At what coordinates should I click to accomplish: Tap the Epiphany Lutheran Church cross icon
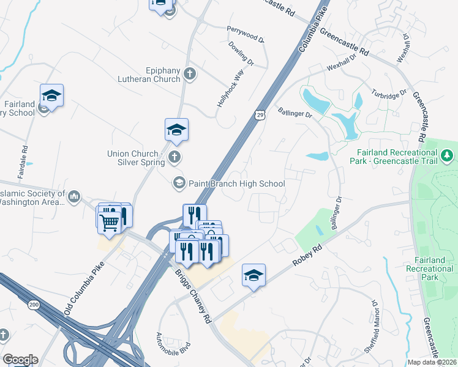pyautogui.click(x=190, y=74)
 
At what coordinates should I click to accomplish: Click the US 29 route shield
pyautogui.click(x=260, y=114)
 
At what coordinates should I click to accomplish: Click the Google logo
pyautogui.click(x=20, y=360)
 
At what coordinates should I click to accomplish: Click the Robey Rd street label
pyautogui.click(x=307, y=255)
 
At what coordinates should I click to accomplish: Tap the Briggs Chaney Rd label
pyautogui.click(x=193, y=297)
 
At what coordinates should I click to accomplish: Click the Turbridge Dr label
pyautogui.click(x=389, y=95)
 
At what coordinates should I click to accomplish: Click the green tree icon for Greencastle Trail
pyautogui.click(x=449, y=155)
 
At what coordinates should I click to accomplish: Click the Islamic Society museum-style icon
pyautogui.click(x=74, y=196)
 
